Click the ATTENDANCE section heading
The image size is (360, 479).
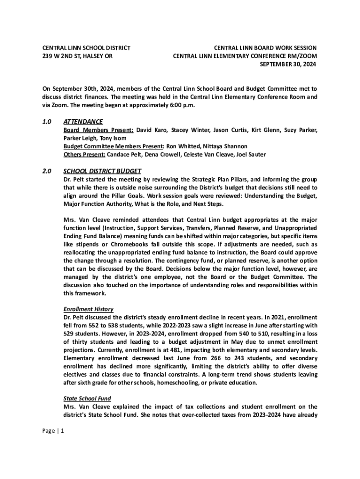[83, 122]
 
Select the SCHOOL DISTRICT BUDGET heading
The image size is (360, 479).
[102, 171]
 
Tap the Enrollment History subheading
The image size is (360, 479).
[88, 309]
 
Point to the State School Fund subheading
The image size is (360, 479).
[87, 398]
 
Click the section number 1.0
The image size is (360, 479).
[47, 122]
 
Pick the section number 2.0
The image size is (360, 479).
[47, 171]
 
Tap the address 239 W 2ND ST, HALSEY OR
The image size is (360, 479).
[78, 57]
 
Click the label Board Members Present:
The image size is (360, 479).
[98, 130]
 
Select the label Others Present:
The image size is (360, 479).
[84, 154]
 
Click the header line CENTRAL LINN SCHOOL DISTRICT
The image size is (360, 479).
[86, 48]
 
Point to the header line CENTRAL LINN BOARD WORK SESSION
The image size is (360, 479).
[265, 48]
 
